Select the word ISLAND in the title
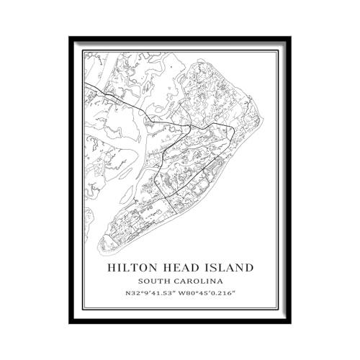tap(229, 267)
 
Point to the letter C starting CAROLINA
tap(179, 281)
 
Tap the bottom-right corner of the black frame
tap(289, 323)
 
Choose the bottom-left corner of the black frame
tap(71, 323)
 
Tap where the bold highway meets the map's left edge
tap(85, 84)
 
